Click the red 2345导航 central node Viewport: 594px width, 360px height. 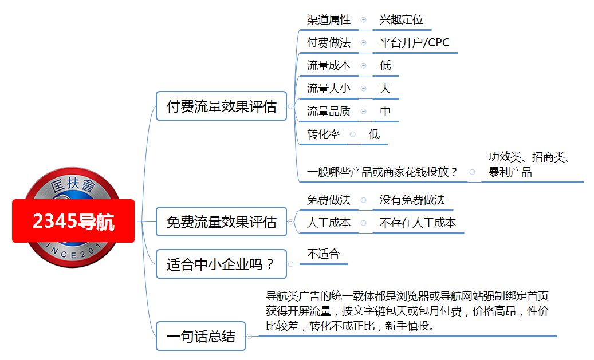(73, 221)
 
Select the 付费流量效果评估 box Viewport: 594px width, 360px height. (221, 106)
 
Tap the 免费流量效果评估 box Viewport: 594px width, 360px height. (221, 222)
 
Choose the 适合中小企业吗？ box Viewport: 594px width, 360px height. (221, 264)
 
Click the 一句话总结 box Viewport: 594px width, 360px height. (201, 336)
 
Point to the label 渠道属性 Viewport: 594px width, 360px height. (328, 19)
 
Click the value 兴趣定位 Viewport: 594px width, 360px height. (401, 19)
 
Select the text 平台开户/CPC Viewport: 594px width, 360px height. (415, 42)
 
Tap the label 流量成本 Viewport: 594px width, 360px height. (328, 65)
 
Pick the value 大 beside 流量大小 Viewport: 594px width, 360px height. (385, 88)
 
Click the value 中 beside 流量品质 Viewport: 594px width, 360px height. (385, 111)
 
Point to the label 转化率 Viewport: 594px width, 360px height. (323, 134)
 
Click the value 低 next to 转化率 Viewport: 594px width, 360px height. (374, 134)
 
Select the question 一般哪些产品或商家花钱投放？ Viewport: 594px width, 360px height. (383, 172)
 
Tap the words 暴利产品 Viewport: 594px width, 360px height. (510, 172)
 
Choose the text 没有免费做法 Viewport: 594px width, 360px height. (412, 200)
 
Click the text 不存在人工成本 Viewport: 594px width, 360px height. (418, 223)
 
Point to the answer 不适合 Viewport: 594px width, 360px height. (323, 254)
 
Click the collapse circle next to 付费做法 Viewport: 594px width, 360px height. (363, 43)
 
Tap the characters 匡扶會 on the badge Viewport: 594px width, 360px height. (73, 185)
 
